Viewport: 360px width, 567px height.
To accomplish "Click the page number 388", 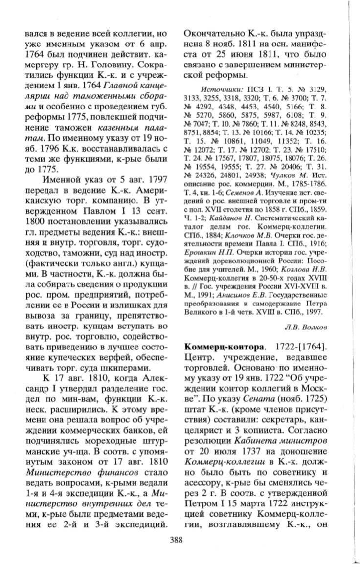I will click(176, 540).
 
